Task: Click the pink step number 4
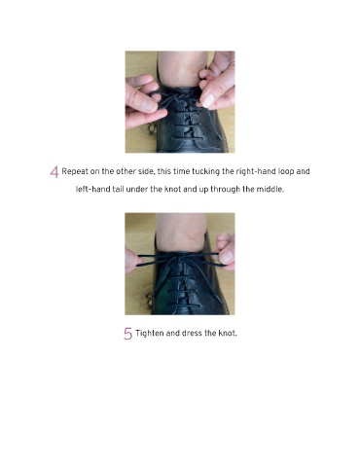click(54, 172)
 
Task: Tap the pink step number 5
click(127, 334)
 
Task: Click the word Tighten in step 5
click(150, 334)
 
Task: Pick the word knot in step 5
click(228, 333)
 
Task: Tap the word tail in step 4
click(118, 189)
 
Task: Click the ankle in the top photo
click(182, 69)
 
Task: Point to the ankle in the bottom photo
click(181, 231)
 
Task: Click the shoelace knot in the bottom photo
click(179, 258)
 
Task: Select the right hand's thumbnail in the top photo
click(208, 100)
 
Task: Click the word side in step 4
click(146, 171)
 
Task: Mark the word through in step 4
click(226, 189)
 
